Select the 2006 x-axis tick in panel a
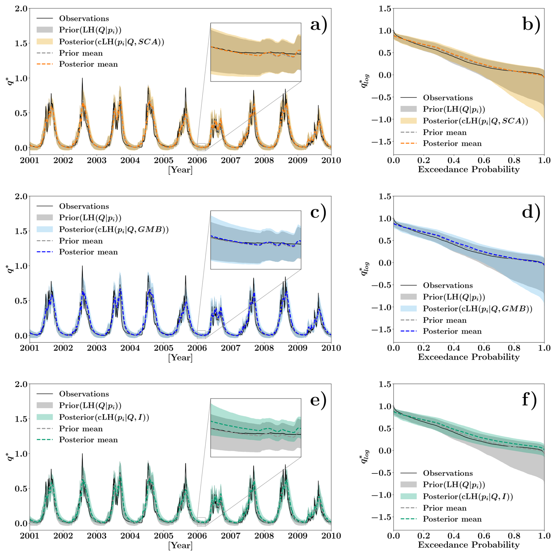(197, 160)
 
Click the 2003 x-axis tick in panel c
(97, 348)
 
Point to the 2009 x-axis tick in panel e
(298, 536)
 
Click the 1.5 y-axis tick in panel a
(21, 43)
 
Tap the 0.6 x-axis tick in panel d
(484, 348)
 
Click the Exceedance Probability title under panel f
(469, 545)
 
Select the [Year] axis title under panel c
(180, 358)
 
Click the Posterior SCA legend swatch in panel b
(408, 121)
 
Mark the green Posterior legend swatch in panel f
(408, 496)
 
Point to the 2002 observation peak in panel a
(82, 79)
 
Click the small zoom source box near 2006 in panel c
(201, 335)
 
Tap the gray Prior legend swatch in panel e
(45, 405)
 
